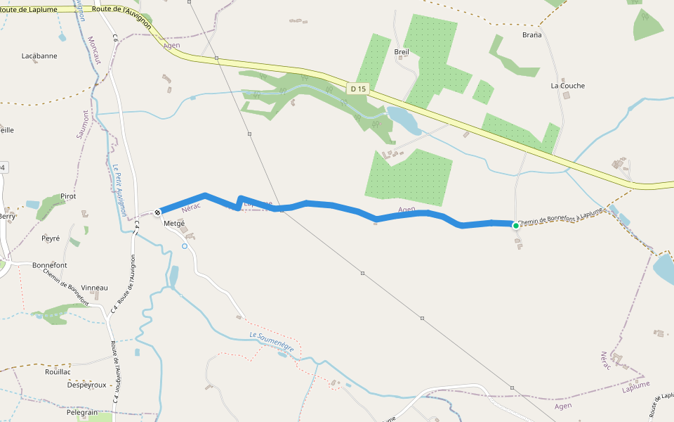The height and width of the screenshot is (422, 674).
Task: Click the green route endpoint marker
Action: pyautogui.click(x=516, y=225)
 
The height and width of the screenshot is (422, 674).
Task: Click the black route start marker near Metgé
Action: pyautogui.click(x=158, y=211)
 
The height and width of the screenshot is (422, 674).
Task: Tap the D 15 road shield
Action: pyautogui.click(x=357, y=89)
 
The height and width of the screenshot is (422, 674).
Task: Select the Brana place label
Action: pyautogui.click(x=532, y=34)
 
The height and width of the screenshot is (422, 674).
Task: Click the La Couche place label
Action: pyautogui.click(x=567, y=86)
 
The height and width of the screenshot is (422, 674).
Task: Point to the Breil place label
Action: pyautogui.click(x=402, y=52)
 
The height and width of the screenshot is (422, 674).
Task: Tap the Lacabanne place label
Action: pyautogui.click(x=39, y=56)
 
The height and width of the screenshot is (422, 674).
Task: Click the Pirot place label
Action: pyautogui.click(x=68, y=196)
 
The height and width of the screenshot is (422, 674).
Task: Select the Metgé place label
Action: pyautogui.click(x=173, y=224)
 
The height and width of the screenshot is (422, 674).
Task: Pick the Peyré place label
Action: pyautogui.click(x=51, y=238)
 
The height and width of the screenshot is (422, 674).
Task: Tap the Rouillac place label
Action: pyautogui.click(x=58, y=371)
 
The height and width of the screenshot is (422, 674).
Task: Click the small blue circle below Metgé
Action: pyautogui.click(x=185, y=246)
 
